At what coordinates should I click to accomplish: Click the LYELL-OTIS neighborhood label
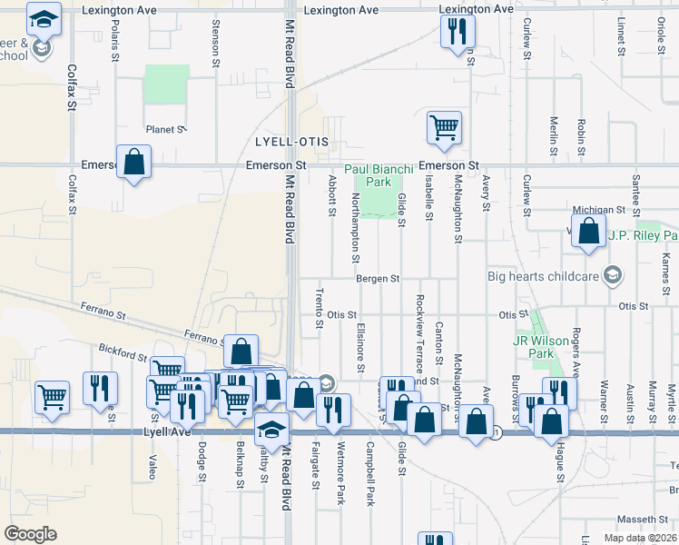(x=290, y=144)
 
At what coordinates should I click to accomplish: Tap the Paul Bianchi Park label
(x=379, y=175)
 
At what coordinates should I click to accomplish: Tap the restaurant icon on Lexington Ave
(x=457, y=33)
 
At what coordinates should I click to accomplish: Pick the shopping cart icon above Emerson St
(x=444, y=128)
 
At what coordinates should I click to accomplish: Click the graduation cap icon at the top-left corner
(x=43, y=17)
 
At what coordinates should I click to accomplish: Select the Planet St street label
(x=166, y=130)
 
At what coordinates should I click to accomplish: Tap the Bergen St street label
(x=378, y=278)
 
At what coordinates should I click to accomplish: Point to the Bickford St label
(x=123, y=350)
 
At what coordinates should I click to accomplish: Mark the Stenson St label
(x=215, y=44)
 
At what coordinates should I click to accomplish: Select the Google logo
(x=30, y=534)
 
